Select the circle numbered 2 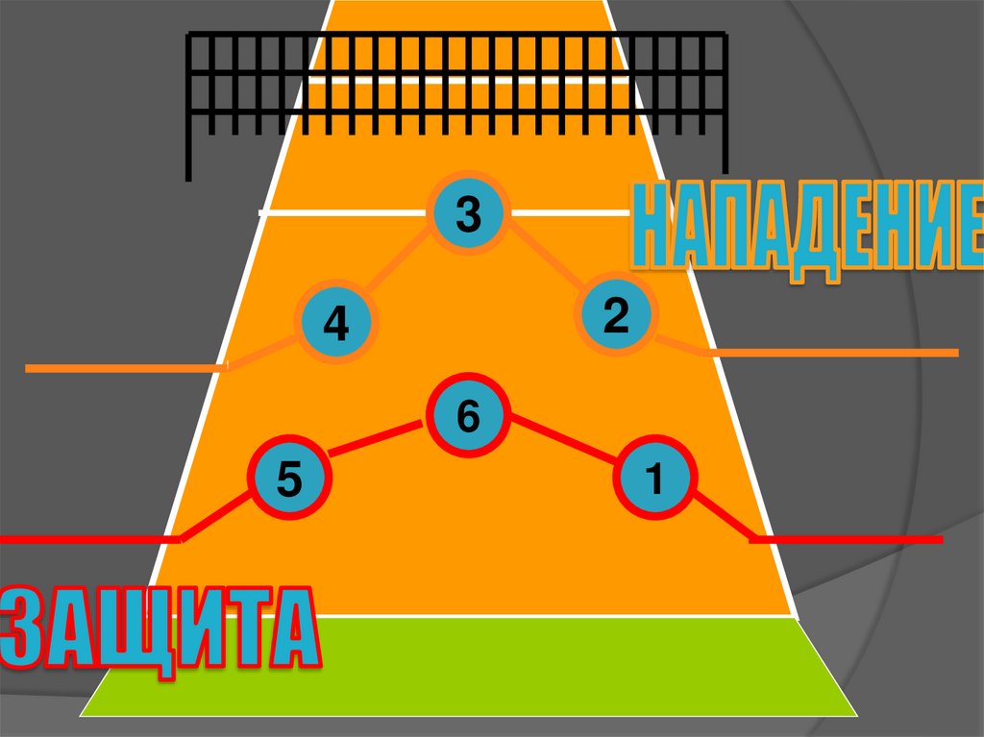[616, 315]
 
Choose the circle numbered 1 [655, 478]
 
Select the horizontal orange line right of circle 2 [831, 353]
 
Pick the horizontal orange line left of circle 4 [125, 368]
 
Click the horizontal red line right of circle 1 [846, 540]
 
